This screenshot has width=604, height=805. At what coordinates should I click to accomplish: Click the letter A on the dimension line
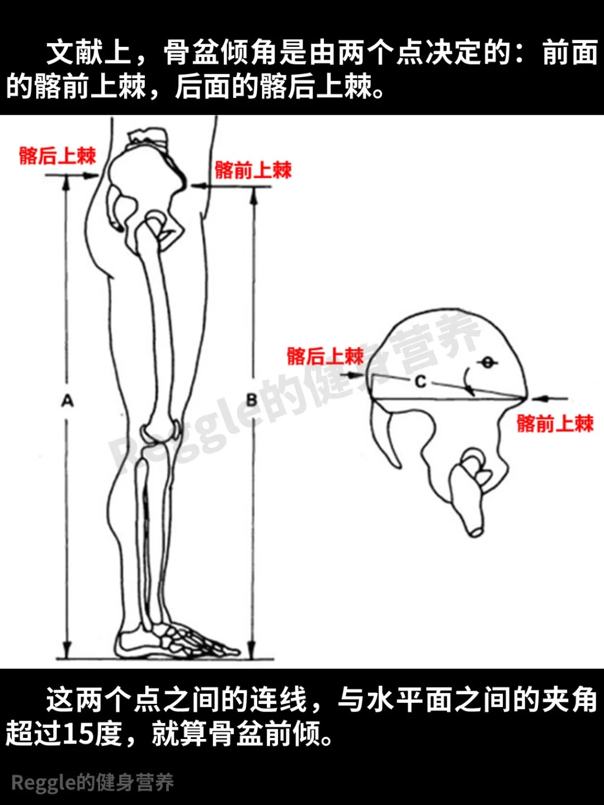click(67, 400)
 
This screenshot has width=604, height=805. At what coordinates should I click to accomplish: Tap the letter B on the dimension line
click(252, 400)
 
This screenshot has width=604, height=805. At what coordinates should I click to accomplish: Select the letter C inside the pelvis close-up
click(421, 381)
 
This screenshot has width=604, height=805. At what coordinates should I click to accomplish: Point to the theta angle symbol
click(488, 363)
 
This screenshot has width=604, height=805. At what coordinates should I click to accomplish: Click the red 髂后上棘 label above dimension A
click(58, 155)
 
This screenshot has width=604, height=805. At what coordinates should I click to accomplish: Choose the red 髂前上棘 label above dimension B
click(253, 170)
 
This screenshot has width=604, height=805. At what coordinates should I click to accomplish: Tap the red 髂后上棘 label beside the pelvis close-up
click(325, 356)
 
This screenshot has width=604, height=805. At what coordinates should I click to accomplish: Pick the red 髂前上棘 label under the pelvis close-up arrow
click(555, 423)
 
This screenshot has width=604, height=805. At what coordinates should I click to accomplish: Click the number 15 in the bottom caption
click(78, 733)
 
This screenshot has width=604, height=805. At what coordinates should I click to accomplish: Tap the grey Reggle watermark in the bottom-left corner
click(92, 783)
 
